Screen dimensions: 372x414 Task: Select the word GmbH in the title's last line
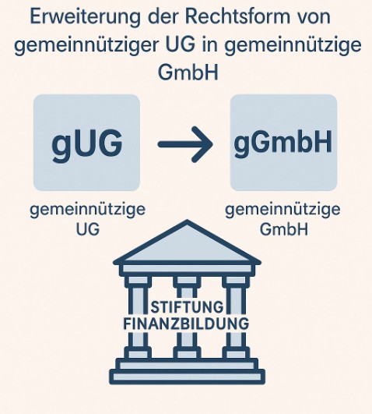(188, 72)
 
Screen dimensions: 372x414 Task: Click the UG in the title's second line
(180, 44)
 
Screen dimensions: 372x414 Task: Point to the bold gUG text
(87, 144)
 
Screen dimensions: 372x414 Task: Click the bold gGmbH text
(283, 143)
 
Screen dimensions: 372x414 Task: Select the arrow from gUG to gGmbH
(185, 144)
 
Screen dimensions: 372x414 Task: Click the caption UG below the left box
(87, 229)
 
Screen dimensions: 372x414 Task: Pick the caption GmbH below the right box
(284, 229)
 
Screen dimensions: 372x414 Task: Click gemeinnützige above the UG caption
(87, 210)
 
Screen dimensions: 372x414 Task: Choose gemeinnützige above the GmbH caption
(283, 210)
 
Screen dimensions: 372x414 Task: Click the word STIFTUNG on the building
(187, 307)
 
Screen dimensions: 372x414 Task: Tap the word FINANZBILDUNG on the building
(186, 324)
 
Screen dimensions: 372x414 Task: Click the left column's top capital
(138, 281)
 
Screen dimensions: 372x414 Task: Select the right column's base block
(236, 352)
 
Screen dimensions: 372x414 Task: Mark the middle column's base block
(187, 352)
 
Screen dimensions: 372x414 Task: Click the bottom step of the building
(187, 377)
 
